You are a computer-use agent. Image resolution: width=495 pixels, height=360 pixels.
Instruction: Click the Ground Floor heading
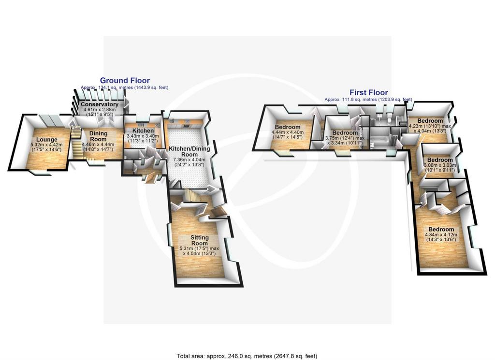pos(125,80)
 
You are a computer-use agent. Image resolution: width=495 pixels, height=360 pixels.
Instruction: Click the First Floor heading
pos(368,92)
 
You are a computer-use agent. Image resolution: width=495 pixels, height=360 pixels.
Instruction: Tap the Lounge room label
pos(47,140)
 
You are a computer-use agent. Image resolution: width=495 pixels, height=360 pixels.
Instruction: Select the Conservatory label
pos(100,104)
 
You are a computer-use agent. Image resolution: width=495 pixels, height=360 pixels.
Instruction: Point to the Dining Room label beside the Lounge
pos(99,136)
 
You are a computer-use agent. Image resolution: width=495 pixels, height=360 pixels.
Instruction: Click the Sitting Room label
pos(200,240)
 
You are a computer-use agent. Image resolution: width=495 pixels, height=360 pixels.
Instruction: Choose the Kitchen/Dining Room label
pos(189,151)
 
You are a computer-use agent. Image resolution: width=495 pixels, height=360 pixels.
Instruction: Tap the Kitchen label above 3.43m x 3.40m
pos(143,130)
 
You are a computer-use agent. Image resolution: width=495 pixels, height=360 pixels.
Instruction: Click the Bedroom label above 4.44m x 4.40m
pos(288,127)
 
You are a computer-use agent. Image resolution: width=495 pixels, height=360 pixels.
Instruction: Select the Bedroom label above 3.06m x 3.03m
pos(440,160)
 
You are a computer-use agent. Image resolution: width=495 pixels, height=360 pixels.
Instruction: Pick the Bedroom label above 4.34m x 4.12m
pos(441,230)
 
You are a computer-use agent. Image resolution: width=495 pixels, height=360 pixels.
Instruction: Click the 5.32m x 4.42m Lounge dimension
pos(46,147)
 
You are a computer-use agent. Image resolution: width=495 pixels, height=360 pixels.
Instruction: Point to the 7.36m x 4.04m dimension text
pos(189,162)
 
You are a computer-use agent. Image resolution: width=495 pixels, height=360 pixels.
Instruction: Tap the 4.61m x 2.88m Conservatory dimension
pos(100,112)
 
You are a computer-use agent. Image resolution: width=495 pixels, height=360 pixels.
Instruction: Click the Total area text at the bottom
pos(247,356)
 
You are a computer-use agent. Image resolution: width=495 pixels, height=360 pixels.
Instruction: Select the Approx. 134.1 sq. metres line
pos(124,87)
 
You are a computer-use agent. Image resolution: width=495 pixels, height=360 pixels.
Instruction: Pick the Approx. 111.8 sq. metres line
pos(368,100)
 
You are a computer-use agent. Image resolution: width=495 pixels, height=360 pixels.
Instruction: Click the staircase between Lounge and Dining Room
pos(76,142)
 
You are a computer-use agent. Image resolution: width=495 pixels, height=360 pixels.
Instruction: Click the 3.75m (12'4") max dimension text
pos(345,138)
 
